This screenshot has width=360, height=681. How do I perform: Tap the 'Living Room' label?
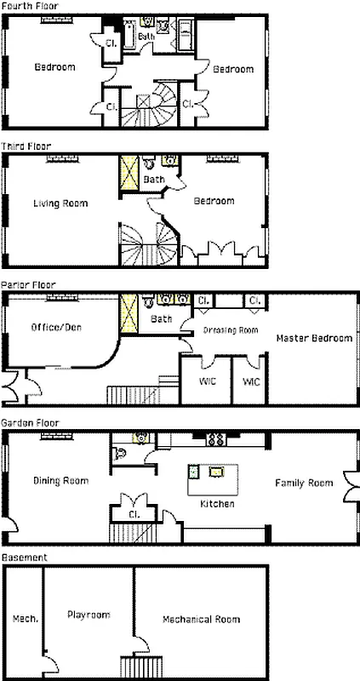point(60,203)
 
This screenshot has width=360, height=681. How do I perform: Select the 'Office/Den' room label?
point(55,327)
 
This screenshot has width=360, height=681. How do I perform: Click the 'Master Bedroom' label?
point(314,338)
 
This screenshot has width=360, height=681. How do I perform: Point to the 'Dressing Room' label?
point(230,330)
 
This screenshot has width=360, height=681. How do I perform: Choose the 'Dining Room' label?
point(60,481)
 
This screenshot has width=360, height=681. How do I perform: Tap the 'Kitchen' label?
point(217,504)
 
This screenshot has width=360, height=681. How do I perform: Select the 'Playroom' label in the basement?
point(89,613)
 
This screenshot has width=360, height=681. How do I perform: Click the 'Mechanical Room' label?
point(202,619)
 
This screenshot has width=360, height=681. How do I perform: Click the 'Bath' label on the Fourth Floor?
point(147,37)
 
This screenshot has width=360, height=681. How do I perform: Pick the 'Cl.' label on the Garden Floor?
point(134,514)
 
